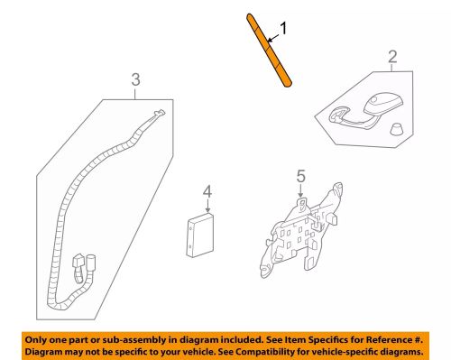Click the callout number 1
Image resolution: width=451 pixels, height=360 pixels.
coord(283,28)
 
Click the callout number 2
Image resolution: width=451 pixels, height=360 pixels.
coord(392,57)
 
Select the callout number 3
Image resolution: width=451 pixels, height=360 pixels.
coord(135,79)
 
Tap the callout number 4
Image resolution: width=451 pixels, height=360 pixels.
coord(207,191)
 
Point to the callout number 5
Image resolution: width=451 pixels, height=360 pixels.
coord(301,176)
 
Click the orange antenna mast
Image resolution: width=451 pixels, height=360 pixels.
coord(269,51)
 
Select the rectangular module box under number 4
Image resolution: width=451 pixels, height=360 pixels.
coord(200,235)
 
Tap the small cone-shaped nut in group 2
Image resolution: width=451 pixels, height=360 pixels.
coord(397,129)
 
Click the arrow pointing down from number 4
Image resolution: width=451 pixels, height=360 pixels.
coord(207,205)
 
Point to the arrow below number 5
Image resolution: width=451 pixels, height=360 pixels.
coord(300,190)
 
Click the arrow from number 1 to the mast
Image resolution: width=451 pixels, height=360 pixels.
coord(273,38)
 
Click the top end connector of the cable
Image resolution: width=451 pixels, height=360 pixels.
coord(159,114)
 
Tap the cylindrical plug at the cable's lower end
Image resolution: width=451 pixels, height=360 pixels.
coord(90,263)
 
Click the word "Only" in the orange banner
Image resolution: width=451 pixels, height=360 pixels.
coord(35,340)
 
